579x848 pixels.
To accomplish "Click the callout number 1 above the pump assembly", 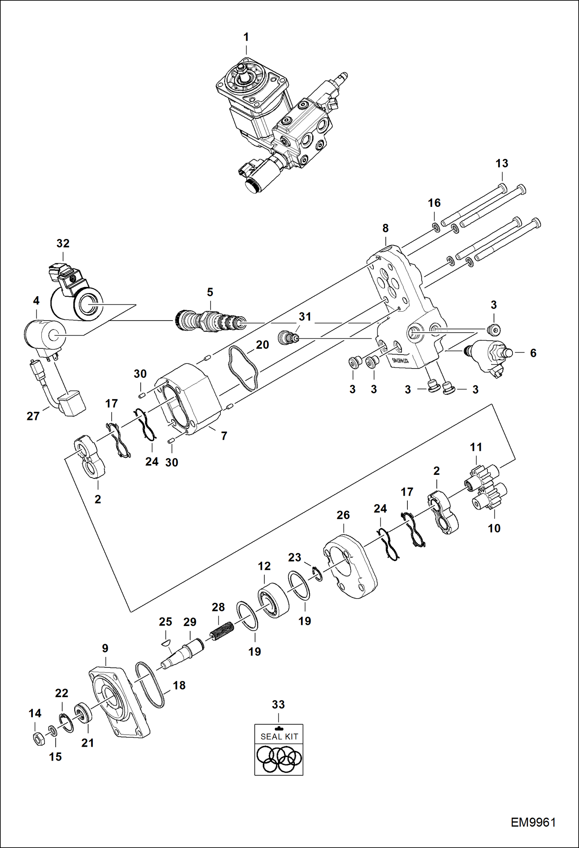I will [246, 38].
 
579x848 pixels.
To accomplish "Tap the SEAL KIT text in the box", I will [279, 737].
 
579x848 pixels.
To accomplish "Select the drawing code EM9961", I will [533, 822].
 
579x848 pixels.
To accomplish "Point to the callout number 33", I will [278, 705].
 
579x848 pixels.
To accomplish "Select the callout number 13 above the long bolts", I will [502, 164].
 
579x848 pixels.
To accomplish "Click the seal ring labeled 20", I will [244, 368].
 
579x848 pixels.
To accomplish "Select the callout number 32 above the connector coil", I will [63, 244].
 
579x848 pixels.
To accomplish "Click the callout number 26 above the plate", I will [343, 515].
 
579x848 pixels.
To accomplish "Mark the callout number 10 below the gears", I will [494, 528].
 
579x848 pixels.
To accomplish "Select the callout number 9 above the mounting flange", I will [105, 648].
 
